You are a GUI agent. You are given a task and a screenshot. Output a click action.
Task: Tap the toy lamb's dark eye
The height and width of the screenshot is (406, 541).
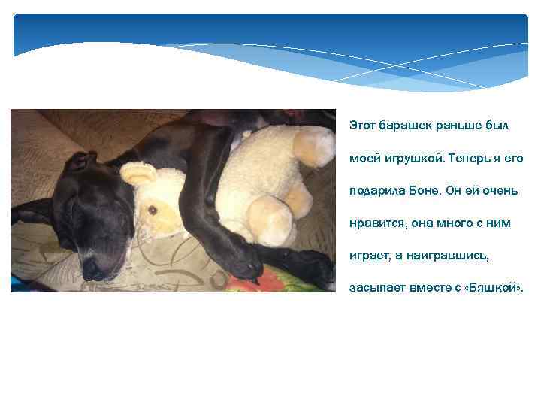tap(153, 210)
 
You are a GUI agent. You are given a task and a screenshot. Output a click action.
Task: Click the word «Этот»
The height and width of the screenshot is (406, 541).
tap(364, 124)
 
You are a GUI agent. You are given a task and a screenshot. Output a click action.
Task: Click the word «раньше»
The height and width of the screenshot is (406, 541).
tap(456, 124)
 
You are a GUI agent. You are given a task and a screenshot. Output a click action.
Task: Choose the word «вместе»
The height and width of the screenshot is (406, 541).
tap(427, 288)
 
